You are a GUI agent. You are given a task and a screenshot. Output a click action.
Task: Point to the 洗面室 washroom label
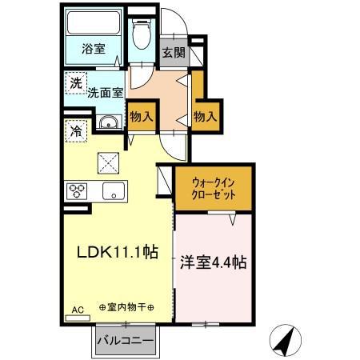point(105,92)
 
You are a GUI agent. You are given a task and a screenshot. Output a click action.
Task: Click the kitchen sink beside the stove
point(113,191)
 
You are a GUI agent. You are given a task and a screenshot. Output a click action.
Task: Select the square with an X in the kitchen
point(107,162)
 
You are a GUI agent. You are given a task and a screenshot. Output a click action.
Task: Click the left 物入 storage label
point(142,118)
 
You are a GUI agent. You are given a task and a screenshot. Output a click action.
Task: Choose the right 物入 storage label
point(206,118)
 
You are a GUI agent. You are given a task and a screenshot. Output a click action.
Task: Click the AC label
point(77,309)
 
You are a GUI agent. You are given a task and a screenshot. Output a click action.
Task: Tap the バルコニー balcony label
point(126,342)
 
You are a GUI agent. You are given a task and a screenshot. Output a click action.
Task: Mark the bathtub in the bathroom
point(94,24)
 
